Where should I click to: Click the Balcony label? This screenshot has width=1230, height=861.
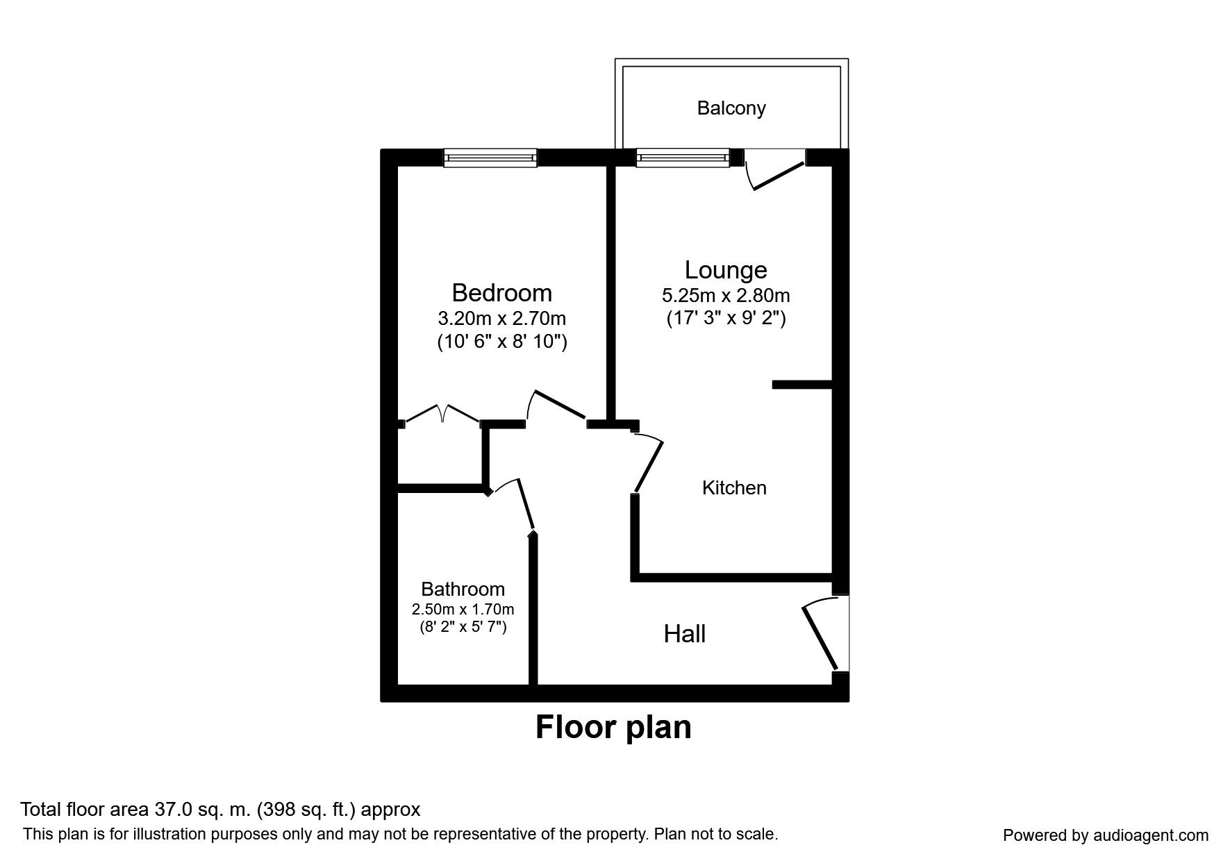(731, 108)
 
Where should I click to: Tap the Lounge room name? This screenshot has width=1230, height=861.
(726, 269)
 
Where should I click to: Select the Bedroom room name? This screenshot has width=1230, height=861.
(501, 292)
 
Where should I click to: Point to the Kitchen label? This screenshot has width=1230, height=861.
(734, 487)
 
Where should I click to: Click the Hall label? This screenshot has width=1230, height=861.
(684, 634)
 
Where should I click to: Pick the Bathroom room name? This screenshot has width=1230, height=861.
(463, 589)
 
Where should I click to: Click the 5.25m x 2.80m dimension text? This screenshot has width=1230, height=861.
(726, 296)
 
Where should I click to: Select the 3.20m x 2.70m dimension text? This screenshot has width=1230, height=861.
(501, 319)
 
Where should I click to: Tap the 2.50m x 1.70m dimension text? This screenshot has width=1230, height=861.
(463, 610)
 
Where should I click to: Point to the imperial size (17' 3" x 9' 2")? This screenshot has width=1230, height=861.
(726, 319)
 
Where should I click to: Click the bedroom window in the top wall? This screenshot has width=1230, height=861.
(490, 158)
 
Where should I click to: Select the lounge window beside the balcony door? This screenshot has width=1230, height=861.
(683, 158)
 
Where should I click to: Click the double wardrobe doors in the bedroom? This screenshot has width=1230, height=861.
(442, 415)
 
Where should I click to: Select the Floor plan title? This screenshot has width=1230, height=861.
(613, 728)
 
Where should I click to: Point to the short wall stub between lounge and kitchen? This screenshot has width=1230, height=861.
(802, 384)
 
